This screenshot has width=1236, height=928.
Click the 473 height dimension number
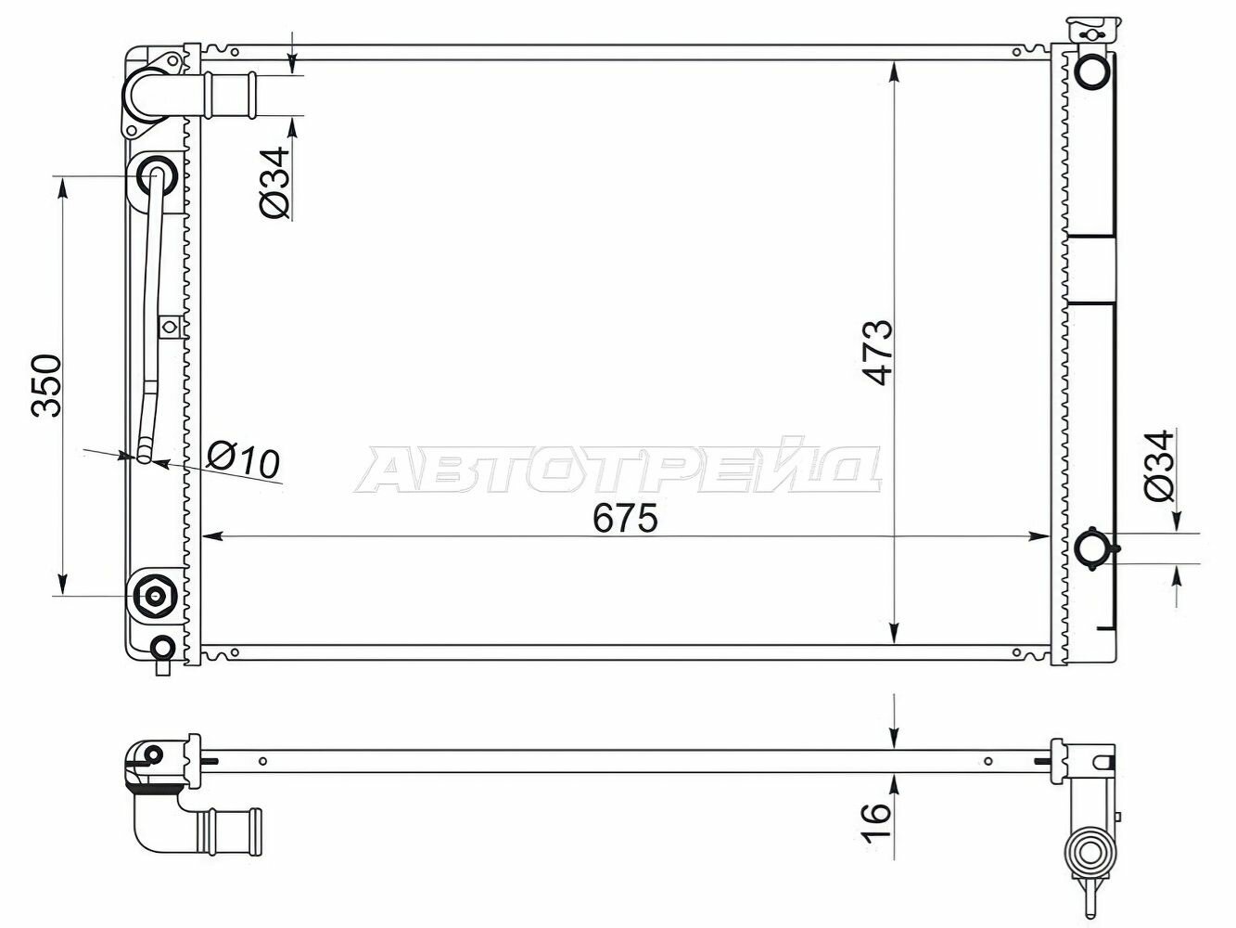[x=877, y=354]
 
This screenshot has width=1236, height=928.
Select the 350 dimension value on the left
[x=46, y=386]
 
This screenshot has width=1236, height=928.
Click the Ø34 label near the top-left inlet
[x=275, y=183]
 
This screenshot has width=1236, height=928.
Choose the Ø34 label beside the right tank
[x=1159, y=466]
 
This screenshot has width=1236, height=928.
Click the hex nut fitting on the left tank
[x=154, y=595]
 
